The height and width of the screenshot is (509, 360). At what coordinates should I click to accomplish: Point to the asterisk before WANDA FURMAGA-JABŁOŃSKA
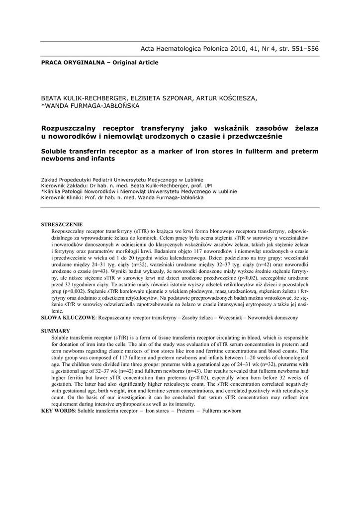point(43,105)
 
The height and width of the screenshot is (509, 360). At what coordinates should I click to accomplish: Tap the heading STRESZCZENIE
point(62,225)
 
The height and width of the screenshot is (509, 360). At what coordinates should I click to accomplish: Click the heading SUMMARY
point(55,331)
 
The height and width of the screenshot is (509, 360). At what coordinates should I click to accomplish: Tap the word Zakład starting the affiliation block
point(50,180)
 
